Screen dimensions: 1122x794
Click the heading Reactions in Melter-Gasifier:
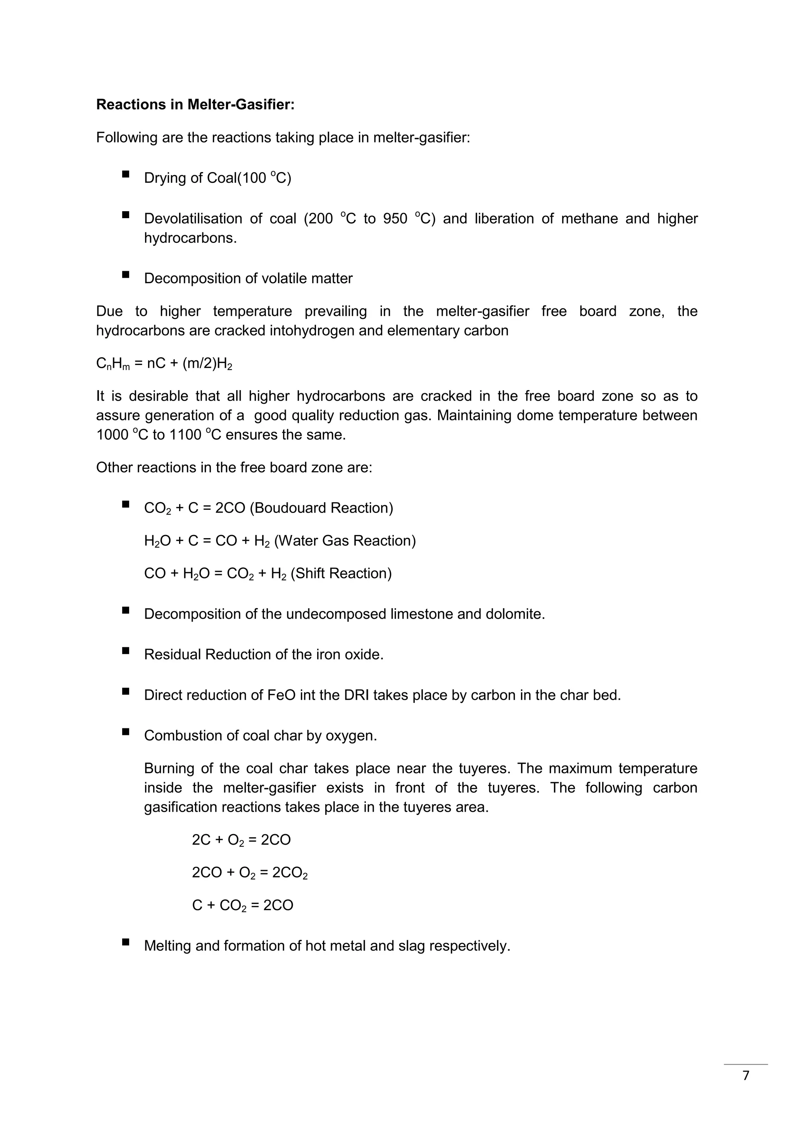(195, 105)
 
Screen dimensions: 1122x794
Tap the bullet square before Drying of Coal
(126, 174)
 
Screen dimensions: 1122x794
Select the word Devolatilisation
(193, 219)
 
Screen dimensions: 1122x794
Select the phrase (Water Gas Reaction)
(345, 540)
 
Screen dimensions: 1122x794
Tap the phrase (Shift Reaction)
(341, 573)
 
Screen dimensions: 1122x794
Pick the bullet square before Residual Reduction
(126, 650)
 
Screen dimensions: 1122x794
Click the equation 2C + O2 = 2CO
(241, 840)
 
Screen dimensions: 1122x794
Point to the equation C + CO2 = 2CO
(242, 905)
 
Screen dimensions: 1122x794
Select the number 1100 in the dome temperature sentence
(185, 435)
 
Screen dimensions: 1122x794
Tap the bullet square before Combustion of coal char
(126, 731)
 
